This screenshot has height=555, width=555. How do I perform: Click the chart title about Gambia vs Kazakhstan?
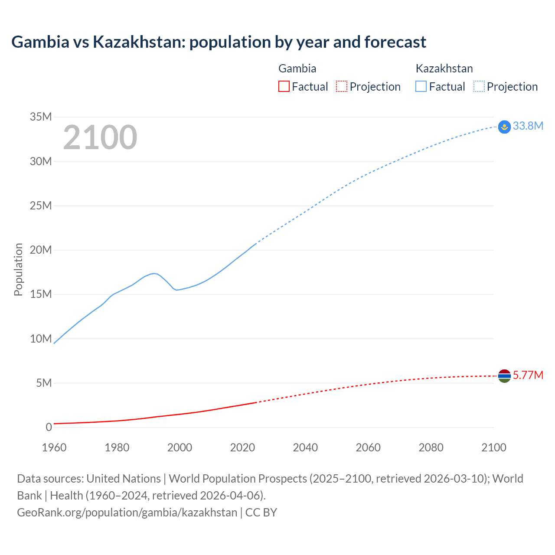(219, 42)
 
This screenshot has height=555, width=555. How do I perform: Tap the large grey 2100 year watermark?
(100, 137)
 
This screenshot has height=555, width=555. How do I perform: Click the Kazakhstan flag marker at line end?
(504, 127)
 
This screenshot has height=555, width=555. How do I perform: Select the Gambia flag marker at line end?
(504, 376)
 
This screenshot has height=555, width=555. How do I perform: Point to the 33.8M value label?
(528, 126)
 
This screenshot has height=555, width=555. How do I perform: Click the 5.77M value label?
(528, 375)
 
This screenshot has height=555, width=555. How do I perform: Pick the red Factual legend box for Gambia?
(284, 86)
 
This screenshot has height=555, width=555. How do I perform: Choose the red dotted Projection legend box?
(342, 86)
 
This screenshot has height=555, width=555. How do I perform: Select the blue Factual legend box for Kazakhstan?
(421, 86)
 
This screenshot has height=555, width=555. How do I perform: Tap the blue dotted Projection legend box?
(479, 86)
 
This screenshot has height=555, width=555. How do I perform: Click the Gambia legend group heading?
(297, 69)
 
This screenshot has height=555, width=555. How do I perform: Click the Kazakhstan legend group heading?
(444, 69)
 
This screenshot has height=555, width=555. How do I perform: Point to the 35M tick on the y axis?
(41, 117)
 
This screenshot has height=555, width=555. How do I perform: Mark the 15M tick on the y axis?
(41, 294)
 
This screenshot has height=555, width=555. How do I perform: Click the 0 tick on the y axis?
(49, 427)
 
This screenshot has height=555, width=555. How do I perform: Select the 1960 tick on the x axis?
(54, 447)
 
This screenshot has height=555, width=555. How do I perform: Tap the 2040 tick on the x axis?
(305, 447)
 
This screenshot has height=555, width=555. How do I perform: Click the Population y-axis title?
(18, 269)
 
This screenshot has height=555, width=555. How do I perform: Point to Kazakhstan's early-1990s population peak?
(154, 273)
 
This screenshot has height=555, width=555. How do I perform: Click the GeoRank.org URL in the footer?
(127, 513)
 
